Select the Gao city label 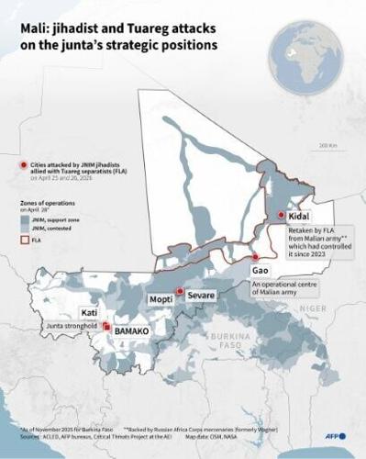pos(261,272)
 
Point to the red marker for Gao pos(256,258)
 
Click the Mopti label pos(161,298)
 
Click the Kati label pos(90,312)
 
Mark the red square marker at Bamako pos(108,326)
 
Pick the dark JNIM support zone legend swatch pos(25,220)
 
